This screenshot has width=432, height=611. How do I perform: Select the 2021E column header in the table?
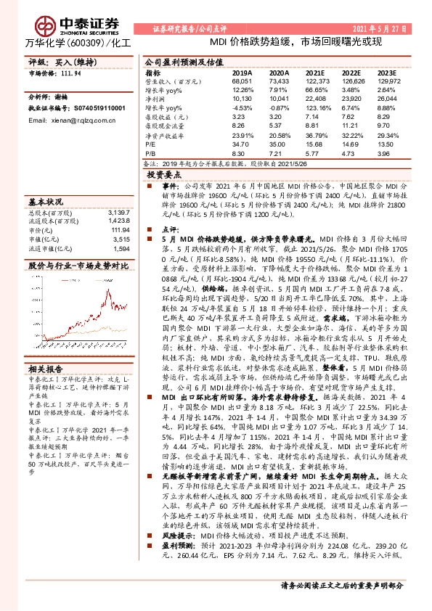click(314, 73)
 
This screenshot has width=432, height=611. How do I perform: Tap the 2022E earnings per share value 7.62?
click(351, 115)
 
